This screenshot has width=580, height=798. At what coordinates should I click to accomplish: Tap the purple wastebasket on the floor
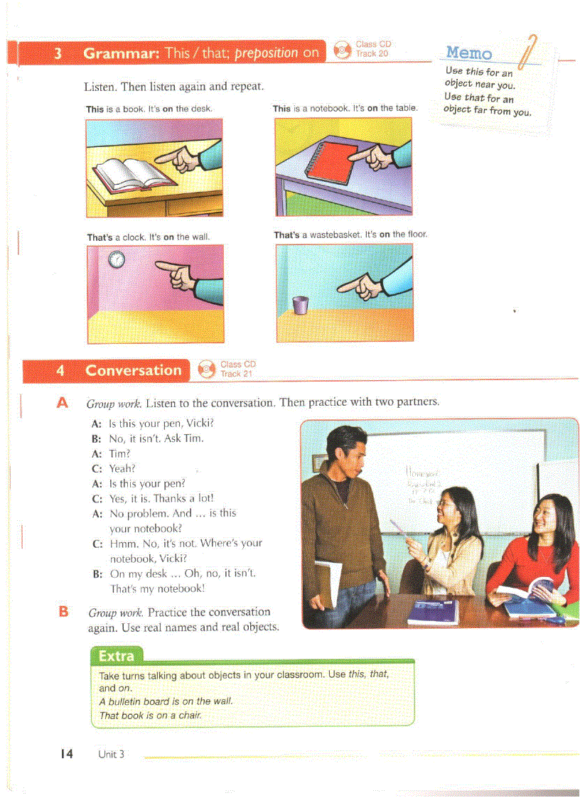(301, 305)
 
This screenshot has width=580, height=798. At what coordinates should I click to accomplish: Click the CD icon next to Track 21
(206, 368)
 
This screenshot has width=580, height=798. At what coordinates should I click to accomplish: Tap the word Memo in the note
(468, 53)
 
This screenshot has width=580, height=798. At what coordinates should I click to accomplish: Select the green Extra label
(117, 655)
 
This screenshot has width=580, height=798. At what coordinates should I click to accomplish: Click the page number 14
(66, 753)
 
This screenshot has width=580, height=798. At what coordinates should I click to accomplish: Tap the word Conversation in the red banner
(133, 370)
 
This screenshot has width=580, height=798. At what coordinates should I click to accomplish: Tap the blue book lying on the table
(433, 612)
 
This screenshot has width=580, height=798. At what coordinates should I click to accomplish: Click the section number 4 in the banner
(60, 370)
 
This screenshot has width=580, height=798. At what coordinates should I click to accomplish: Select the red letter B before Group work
(63, 610)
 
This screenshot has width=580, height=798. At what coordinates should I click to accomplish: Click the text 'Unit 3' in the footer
(112, 754)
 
